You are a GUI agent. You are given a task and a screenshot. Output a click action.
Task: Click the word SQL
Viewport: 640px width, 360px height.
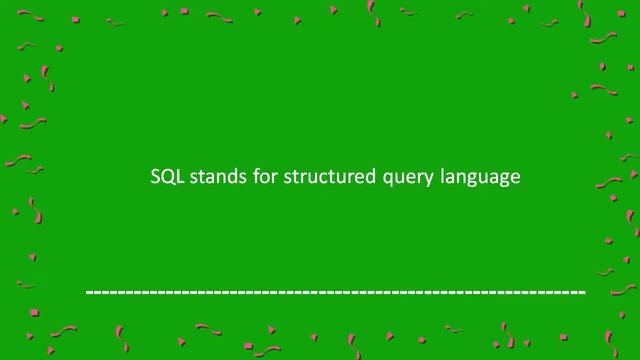click(x=164, y=177)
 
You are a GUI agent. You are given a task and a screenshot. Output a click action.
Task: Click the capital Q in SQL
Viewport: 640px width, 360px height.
click(x=165, y=177)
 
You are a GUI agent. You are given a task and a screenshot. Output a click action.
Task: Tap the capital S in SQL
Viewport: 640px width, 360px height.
click(x=154, y=177)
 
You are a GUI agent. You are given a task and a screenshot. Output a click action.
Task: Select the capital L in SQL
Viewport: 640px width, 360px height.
click(x=176, y=177)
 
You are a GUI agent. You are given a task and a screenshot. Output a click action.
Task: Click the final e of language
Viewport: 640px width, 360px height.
click(x=516, y=178)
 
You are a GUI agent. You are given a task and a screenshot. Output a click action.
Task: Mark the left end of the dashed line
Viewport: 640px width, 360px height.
click(x=88, y=292)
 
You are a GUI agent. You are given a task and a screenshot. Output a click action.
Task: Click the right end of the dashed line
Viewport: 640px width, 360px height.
click(x=583, y=292)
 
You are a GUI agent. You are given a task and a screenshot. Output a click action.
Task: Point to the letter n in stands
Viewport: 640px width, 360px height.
click(x=209, y=178)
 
